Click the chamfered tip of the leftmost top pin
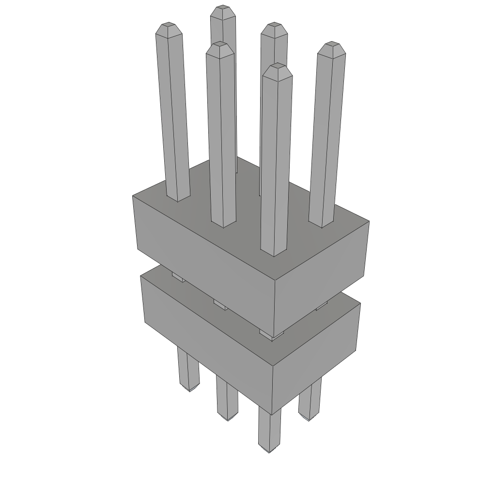[x=168, y=29]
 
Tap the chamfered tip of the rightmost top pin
[x=331, y=49]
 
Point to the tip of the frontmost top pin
[x=277, y=71]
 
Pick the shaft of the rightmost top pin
[x=325, y=140]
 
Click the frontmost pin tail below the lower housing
[x=269, y=431]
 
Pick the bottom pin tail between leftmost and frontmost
[x=227, y=400]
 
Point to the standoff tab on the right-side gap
[x=322, y=305]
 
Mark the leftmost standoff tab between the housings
[x=178, y=277]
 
